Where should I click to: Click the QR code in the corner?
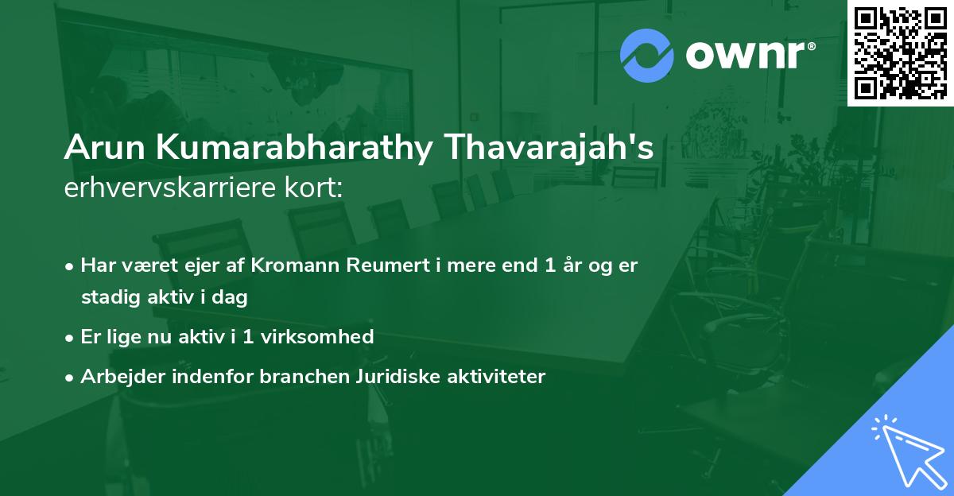click(901, 52)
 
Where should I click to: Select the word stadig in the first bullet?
click(107, 298)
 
